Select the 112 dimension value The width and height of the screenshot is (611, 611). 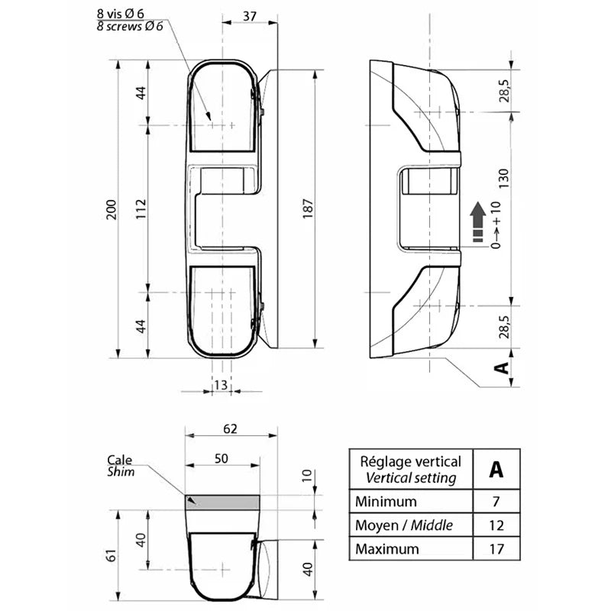tap(141, 210)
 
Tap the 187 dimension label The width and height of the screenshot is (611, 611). tap(308, 210)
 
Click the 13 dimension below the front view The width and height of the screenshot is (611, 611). tap(220, 384)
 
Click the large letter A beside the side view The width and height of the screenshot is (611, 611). tap(500, 367)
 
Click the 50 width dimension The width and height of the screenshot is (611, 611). tap(221, 457)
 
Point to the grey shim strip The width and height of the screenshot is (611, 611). tap(221, 502)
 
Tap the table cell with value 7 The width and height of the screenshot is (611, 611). tap(496, 502)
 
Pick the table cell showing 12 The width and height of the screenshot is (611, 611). tap(496, 525)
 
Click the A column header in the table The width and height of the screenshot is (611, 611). tap(496, 469)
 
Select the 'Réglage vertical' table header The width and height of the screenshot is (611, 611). tap(410, 461)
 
